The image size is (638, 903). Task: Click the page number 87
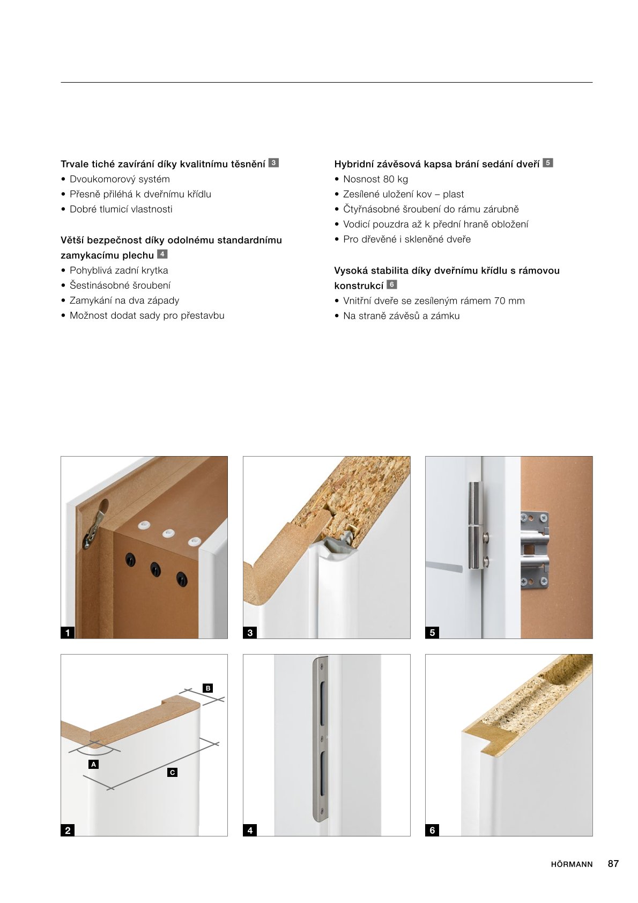[613, 864]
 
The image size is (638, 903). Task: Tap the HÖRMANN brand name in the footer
[572, 864]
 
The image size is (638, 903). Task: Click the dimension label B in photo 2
[208, 688]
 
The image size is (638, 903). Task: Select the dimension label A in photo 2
[94, 764]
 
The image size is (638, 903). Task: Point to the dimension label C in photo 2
[172, 772]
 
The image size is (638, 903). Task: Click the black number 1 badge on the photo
[68, 633]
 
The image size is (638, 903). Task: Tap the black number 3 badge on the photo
[250, 633]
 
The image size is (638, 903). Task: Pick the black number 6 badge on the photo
[432, 830]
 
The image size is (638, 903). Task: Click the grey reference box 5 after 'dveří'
[547, 163]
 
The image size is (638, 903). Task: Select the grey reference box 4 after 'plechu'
[162, 254]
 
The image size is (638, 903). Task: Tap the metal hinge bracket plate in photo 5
[535, 550]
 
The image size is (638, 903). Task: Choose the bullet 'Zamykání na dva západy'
[124, 300]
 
